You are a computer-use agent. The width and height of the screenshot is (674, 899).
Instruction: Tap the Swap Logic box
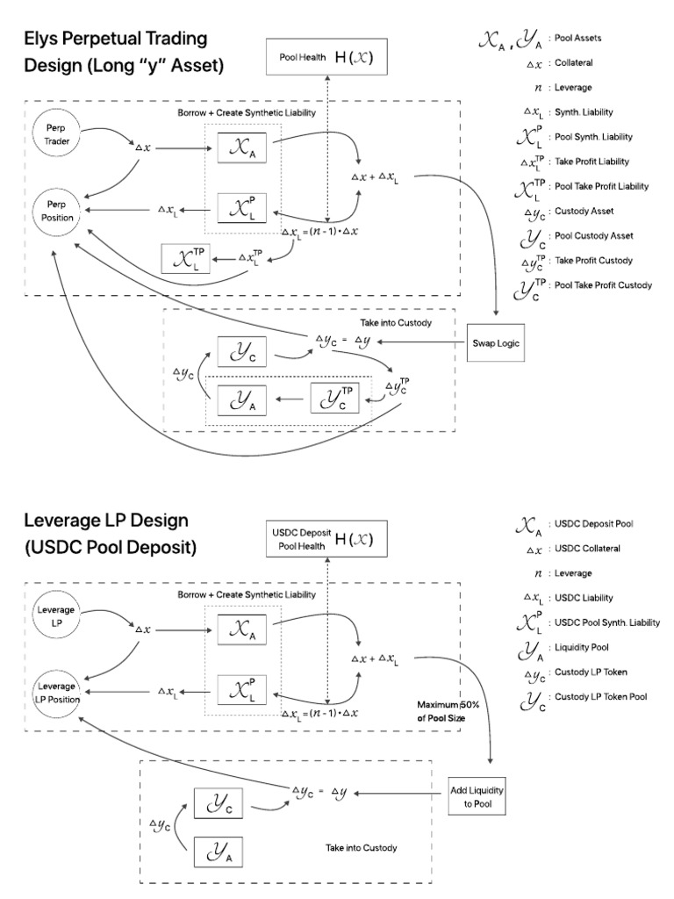tap(497, 342)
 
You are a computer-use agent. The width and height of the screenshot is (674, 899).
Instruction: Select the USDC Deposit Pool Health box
tap(326, 539)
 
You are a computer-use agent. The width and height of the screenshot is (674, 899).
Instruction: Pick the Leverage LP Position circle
tap(54, 692)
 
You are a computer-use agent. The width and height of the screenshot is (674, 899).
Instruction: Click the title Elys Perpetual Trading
tap(116, 38)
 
